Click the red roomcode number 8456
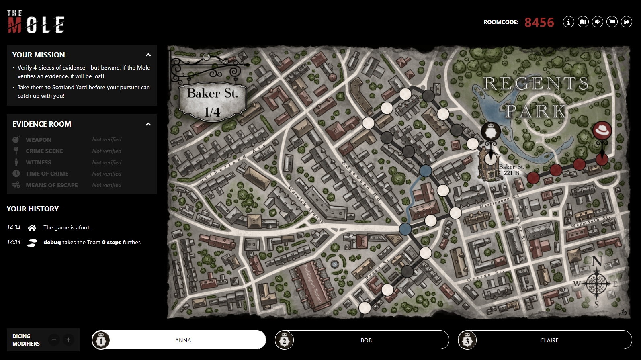tap(539, 22)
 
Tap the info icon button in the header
tap(568, 22)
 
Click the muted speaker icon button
tap(598, 22)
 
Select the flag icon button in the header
tap(612, 22)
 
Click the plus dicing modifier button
tap(68, 340)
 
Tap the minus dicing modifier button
tap(54, 340)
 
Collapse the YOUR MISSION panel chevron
tap(148, 55)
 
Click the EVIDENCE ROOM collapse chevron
tap(148, 124)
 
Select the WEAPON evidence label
tap(39, 140)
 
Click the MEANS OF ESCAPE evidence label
tap(52, 185)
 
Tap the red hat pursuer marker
tap(602, 131)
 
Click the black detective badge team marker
tap(491, 131)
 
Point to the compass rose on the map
tap(597, 284)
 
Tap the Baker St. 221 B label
tap(511, 170)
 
